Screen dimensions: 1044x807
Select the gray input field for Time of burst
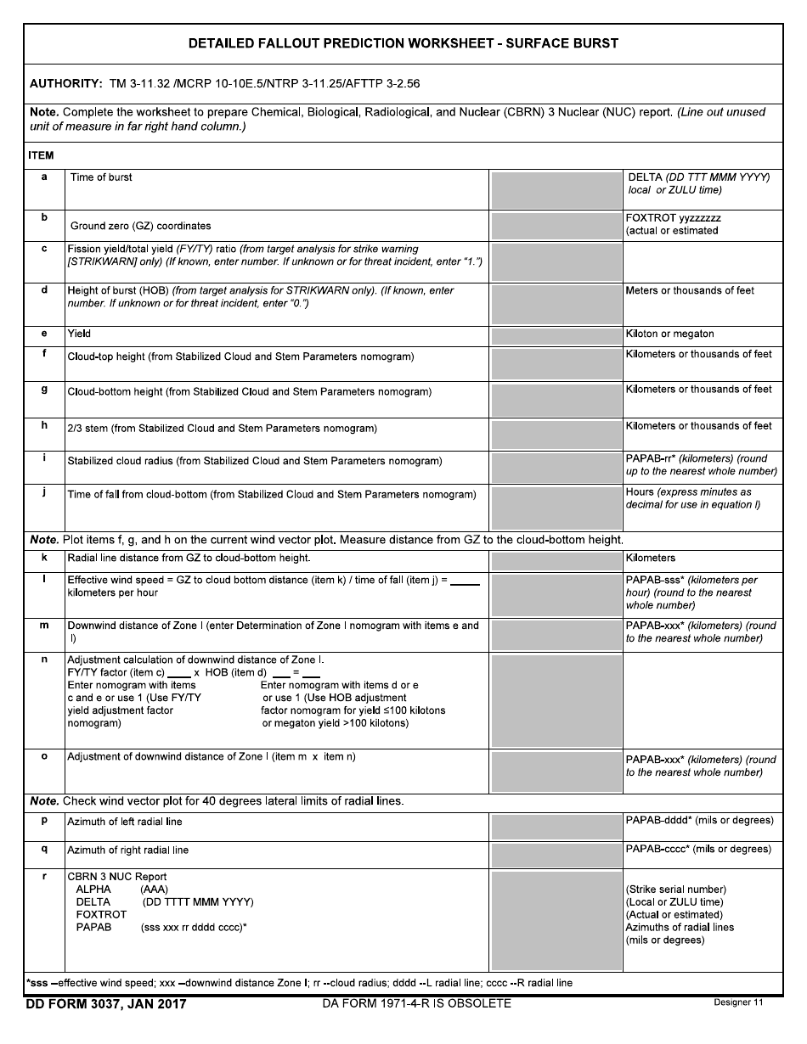[x=556, y=189]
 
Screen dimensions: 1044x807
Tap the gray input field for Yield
[x=556, y=335]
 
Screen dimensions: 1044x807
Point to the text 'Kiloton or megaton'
[x=669, y=334]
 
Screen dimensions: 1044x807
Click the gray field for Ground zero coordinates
[x=556, y=225]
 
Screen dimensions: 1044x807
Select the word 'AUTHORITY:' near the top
[x=66, y=84]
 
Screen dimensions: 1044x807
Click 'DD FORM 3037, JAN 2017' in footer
[x=106, y=1004]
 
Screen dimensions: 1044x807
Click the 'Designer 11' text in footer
[x=738, y=1002]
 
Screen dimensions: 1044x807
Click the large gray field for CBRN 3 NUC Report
[x=556, y=920]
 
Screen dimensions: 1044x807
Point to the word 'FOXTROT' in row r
[x=101, y=914]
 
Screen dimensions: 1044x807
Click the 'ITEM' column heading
[x=42, y=155]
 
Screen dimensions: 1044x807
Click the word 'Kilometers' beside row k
[x=651, y=558]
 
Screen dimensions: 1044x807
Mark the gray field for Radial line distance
[x=556, y=560]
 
